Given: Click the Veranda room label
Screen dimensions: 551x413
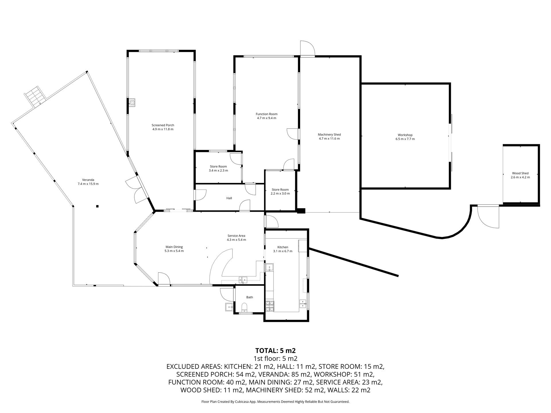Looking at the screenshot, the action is (x=88, y=180).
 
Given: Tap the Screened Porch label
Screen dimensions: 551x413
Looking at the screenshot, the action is (x=163, y=125).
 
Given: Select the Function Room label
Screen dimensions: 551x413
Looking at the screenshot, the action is (x=267, y=114).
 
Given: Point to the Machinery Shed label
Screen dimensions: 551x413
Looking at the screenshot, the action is (x=329, y=135).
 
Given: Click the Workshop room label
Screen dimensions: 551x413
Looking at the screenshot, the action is (x=405, y=135).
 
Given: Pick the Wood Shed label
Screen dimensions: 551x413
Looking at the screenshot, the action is (x=520, y=173).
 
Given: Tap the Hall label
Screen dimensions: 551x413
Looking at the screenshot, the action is (x=229, y=198).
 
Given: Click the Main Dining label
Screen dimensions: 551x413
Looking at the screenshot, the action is (x=174, y=247).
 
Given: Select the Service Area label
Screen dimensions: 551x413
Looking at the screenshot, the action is (x=236, y=236).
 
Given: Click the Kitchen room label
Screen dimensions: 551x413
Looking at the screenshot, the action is (x=283, y=247).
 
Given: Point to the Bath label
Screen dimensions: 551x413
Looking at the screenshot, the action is (x=250, y=297).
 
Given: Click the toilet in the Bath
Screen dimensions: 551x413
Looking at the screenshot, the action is (x=244, y=307).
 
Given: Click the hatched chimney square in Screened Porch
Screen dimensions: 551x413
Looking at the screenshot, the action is (x=132, y=103).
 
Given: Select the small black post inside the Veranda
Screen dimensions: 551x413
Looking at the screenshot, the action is (x=98, y=206).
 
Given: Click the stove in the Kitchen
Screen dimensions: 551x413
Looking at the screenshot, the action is (x=269, y=306).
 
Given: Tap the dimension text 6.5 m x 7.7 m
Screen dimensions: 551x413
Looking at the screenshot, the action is (x=405, y=139).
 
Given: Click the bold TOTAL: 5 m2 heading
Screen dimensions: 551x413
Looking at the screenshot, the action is (x=275, y=350).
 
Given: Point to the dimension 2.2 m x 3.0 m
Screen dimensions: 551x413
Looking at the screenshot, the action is (x=280, y=194).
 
